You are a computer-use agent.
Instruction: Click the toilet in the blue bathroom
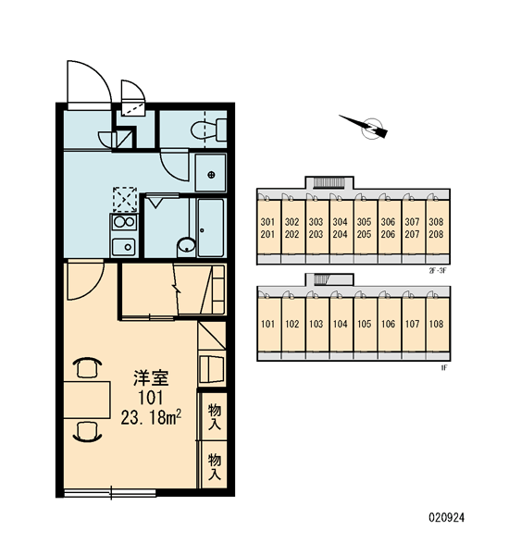point(209,129)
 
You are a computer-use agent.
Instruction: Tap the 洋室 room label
point(151,377)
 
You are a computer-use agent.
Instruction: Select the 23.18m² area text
point(151,418)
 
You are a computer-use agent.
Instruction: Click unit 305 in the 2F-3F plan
point(364,222)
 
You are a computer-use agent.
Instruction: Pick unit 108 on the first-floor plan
point(436,324)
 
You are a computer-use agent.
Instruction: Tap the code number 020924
point(446,517)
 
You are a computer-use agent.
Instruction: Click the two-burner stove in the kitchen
point(124,222)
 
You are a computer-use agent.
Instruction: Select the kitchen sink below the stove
point(124,246)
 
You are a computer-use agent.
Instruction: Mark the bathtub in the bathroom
point(211,228)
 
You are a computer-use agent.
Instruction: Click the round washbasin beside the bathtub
point(186,245)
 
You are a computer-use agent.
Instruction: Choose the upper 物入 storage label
point(215,416)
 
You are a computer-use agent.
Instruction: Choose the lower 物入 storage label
point(215,466)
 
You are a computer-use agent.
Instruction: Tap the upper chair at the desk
point(87,367)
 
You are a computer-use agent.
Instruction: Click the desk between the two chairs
point(87,400)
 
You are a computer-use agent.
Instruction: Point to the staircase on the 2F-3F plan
point(329,182)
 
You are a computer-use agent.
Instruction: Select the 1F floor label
point(444,368)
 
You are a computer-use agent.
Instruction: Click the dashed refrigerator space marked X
point(125,200)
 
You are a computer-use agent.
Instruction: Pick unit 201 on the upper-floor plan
point(267,234)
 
